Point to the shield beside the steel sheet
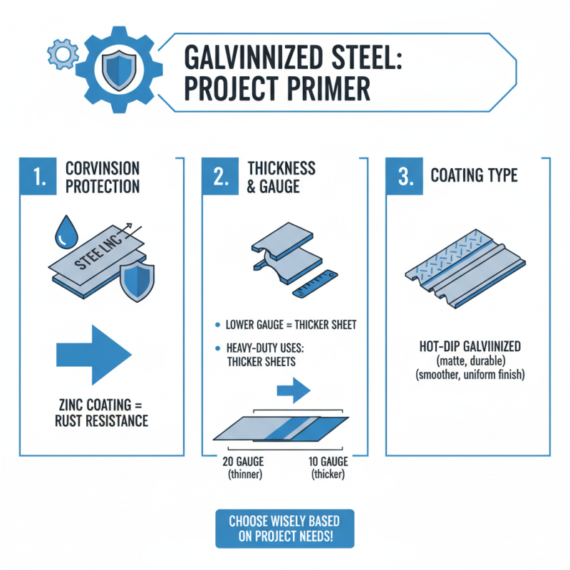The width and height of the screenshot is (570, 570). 136,281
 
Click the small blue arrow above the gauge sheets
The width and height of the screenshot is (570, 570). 292,390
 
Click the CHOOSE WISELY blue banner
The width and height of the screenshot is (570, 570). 284,529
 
